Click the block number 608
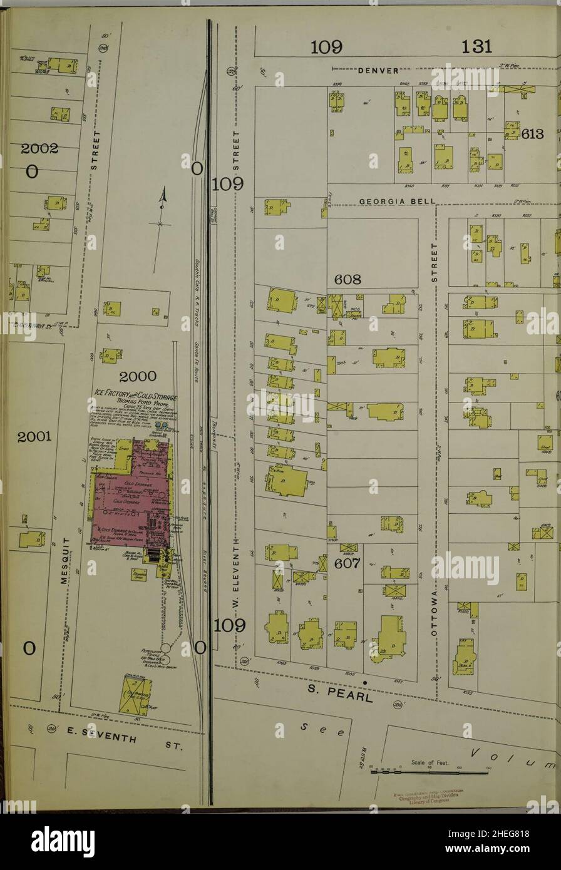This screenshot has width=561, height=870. tap(347, 280)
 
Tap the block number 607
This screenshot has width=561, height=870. tap(347, 563)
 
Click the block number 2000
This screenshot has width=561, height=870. tap(137, 376)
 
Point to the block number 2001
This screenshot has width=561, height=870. tap(34, 437)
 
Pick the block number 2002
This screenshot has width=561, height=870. tap(39, 149)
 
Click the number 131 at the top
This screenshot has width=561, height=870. tap(476, 46)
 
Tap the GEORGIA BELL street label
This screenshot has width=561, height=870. tap(398, 202)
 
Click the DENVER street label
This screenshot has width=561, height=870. tap(378, 71)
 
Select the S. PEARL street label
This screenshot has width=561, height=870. tap(340, 693)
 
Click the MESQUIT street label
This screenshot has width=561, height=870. tap(64, 560)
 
